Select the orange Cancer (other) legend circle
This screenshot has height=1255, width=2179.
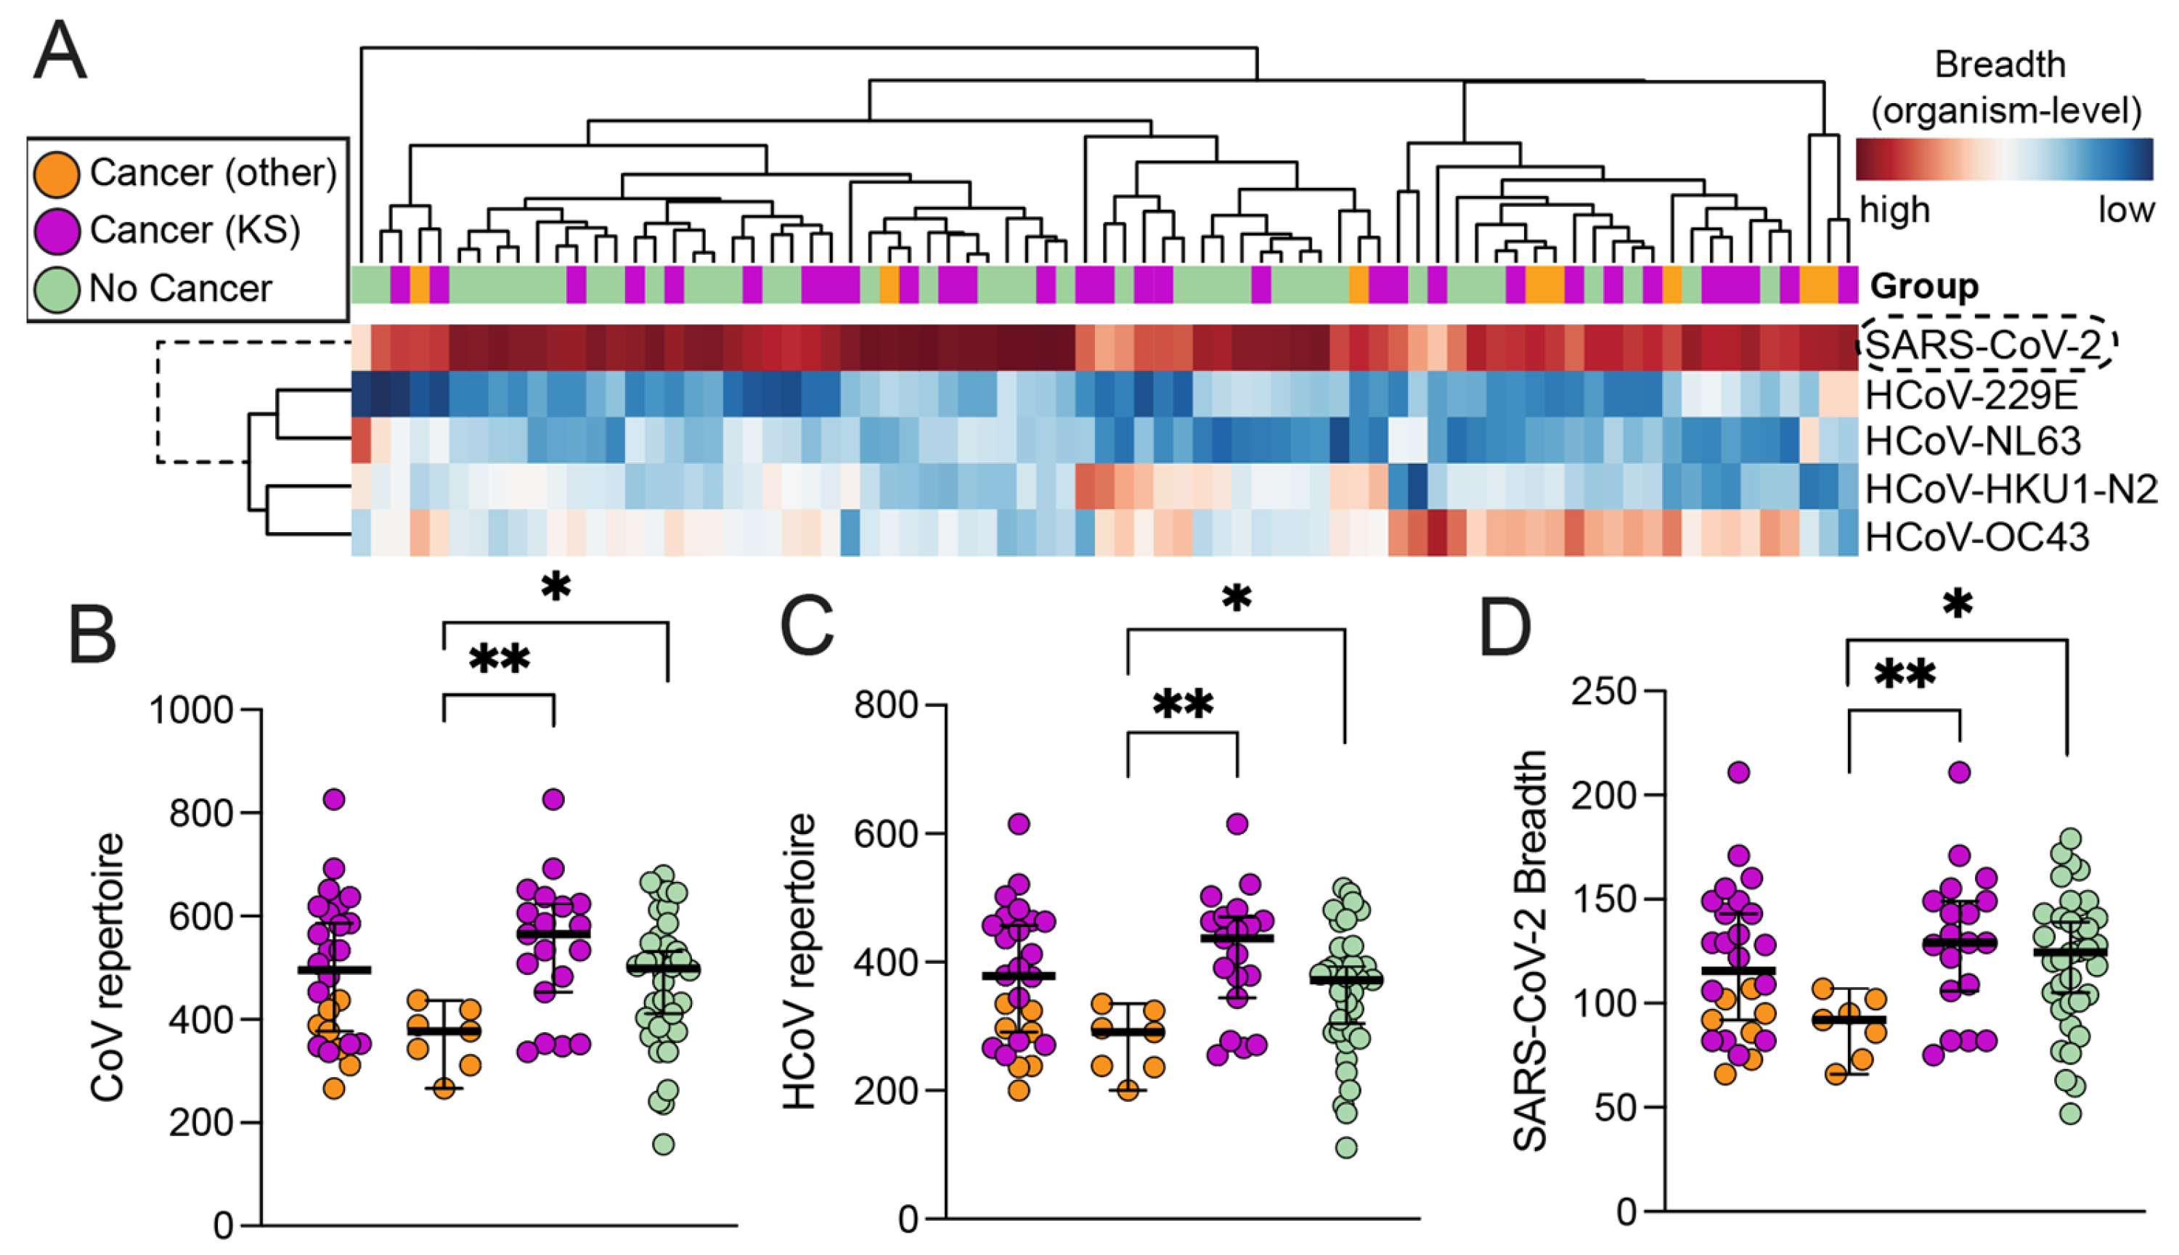pos(57,173)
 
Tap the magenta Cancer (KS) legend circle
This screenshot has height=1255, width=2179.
pos(57,230)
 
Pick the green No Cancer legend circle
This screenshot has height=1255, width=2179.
pos(57,289)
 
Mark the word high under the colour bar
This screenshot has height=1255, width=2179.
pos(1894,210)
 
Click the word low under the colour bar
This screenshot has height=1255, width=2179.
pos(2125,210)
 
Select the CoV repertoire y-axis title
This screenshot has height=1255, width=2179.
pos(109,966)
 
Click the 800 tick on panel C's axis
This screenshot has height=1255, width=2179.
pos(885,705)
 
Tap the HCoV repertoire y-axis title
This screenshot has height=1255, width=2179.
pos(800,961)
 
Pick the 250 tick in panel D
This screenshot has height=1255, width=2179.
pos(1604,691)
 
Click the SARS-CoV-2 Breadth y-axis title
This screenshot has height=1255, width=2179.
pos(1530,951)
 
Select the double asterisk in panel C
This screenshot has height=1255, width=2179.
pos(1183,705)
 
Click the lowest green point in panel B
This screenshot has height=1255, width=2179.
pos(663,1145)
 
